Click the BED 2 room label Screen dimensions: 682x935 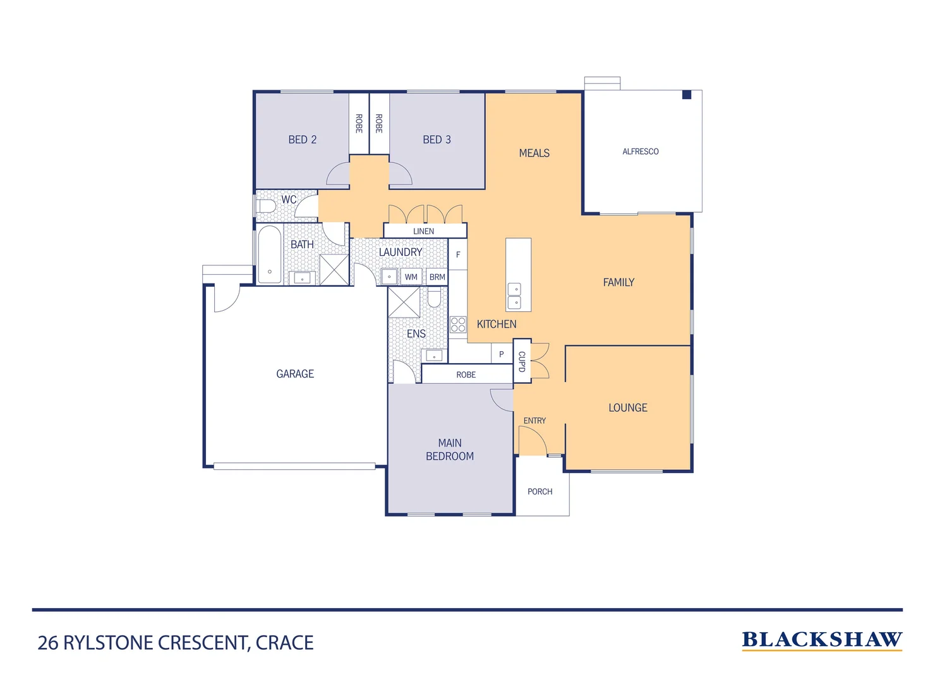[302, 140]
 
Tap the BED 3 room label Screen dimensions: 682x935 [437, 140]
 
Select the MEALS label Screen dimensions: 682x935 [534, 153]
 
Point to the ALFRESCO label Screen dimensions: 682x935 [640, 152]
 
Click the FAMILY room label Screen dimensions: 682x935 [618, 282]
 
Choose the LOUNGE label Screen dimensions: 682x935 [627, 408]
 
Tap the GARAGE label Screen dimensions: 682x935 [295, 374]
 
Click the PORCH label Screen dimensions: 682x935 [540, 491]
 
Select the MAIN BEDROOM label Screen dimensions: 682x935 [450, 450]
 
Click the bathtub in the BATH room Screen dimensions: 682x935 [269, 254]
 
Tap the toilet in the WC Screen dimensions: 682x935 [266, 206]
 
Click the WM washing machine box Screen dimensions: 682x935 [411, 277]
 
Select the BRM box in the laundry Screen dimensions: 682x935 [437, 277]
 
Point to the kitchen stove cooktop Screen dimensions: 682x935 [458, 325]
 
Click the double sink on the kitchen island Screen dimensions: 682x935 [515, 297]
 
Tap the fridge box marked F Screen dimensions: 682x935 [458, 254]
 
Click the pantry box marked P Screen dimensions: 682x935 [502, 354]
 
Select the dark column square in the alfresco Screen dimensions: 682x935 [687, 95]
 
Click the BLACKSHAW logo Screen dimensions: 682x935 [821, 640]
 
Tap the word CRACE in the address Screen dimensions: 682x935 [284, 643]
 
